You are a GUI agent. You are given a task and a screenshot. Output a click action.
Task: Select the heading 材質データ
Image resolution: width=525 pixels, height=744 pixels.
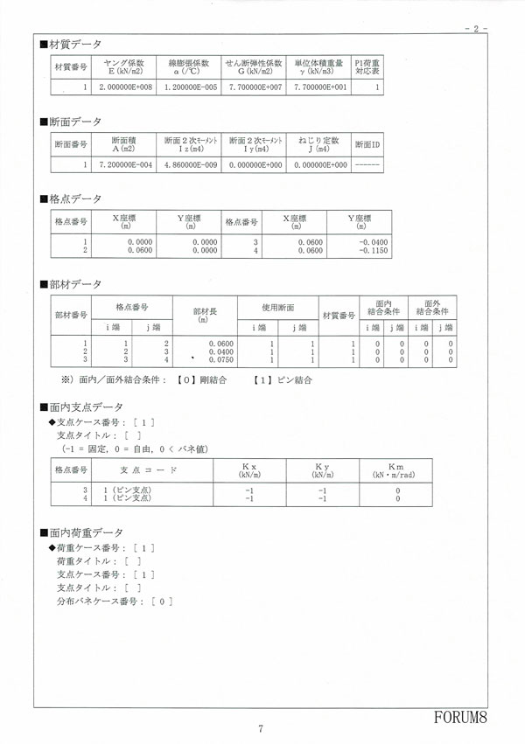pyautogui.click(x=72, y=44)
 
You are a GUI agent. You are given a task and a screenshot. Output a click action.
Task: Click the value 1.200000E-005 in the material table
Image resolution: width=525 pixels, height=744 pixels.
pyautogui.click(x=190, y=88)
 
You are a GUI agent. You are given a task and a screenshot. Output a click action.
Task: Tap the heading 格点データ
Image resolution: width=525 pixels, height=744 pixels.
pyautogui.click(x=72, y=198)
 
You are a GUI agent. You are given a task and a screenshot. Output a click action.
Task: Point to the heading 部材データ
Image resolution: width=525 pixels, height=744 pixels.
pyautogui.click(x=72, y=285)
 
